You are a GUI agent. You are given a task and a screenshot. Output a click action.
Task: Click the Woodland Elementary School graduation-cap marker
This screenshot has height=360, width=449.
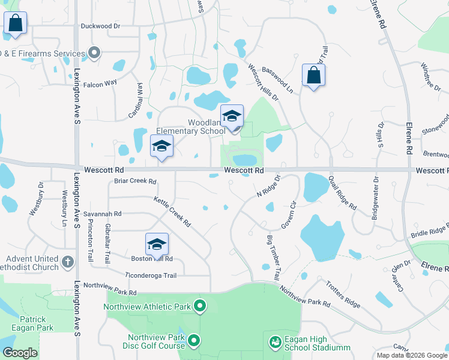click(x=232, y=116)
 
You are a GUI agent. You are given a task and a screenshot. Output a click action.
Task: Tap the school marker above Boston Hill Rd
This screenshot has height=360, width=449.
click(x=157, y=244)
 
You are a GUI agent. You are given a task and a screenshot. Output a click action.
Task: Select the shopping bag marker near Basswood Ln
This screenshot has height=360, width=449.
click(x=313, y=76)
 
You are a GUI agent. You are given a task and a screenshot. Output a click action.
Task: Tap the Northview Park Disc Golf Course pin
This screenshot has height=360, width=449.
click(x=194, y=341)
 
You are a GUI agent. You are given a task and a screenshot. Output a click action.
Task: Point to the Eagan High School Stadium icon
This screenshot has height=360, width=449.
click(x=276, y=342)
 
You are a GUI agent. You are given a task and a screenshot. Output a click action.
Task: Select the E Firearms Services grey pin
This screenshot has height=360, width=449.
click(x=94, y=53)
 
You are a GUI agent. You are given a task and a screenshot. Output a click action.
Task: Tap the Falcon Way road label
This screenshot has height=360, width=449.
click(x=100, y=83)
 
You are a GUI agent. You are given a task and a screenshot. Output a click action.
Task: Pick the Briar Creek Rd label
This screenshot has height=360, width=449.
click(x=135, y=181)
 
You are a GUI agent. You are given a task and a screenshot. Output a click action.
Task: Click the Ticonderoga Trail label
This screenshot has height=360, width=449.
click(x=151, y=275)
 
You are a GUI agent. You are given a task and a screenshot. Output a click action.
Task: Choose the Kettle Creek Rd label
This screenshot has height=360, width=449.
click(x=172, y=212)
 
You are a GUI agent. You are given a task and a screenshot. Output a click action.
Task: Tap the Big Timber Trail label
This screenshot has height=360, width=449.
click(x=273, y=258)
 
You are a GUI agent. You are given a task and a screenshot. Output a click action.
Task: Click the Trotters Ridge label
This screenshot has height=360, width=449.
click(x=344, y=295)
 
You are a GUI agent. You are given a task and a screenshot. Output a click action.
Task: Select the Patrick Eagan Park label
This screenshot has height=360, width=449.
click(x=32, y=323)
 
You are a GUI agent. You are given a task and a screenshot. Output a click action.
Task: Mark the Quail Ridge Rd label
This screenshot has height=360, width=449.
click(x=342, y=192)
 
